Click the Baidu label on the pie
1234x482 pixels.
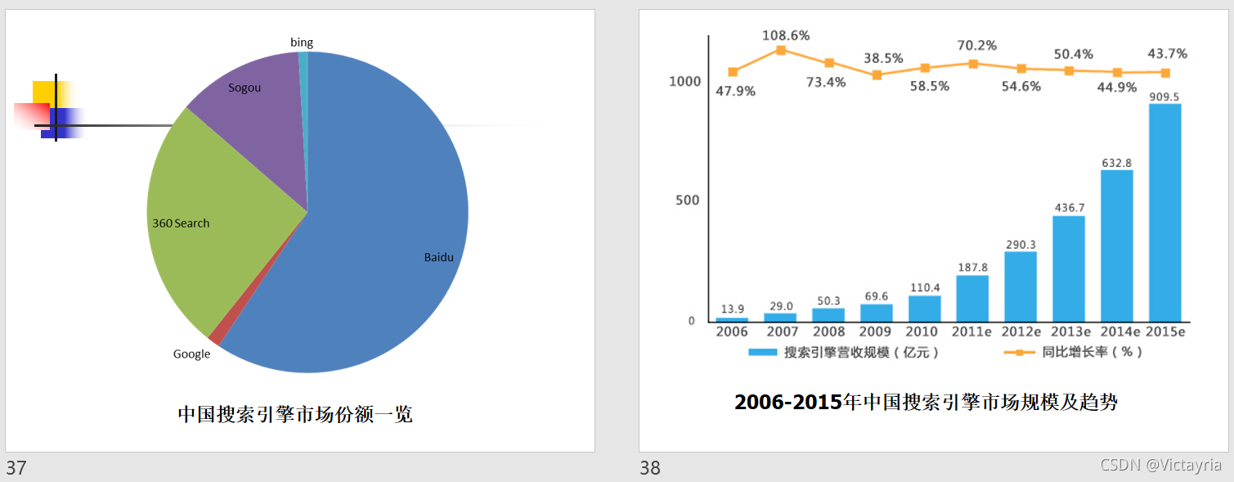click(438, 257)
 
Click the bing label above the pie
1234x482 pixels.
click(301, 43)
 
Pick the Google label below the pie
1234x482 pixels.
click(191, 354)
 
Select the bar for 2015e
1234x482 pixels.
click(1164, 213)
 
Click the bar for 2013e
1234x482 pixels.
click(1069, 269)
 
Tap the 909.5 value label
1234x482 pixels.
click(1164, 97)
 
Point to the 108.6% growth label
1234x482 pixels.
click(786, 36)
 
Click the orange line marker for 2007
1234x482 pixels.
click(781, 50)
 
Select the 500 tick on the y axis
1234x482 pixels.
click(688, 200)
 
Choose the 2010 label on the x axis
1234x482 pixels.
click(921, 331)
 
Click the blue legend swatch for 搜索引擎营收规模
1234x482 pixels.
click(762, 352)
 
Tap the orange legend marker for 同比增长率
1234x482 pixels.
click(1019, 352)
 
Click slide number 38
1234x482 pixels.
click(650, 468)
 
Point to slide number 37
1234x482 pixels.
click(16, 468)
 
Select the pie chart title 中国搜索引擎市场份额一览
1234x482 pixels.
click(294, 414)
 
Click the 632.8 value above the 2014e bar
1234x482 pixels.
click(1117, 163)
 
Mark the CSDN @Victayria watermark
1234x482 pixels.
click(1160, 465)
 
